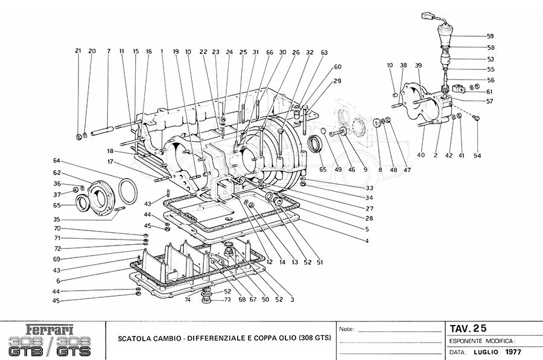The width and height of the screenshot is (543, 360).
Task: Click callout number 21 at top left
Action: pyautogui.click(x=78, y=51)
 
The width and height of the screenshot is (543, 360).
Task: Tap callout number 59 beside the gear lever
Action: pyautogui.click(x=491, y=36)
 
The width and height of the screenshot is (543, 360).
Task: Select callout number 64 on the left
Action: pyautogui.click(x=57, y=160)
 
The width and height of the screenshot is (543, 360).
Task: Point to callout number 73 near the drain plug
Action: pyautogui.click(x=227, y=300)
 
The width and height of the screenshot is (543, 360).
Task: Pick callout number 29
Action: pyautogui.click(x=337, y=81)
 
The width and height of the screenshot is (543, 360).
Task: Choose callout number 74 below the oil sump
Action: pyautogui.click(x=188, y=300)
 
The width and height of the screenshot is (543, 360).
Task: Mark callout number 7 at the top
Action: pyautogui.click(x=109, y=51)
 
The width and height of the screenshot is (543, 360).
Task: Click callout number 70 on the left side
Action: pyautogui.click(x=57, y=229)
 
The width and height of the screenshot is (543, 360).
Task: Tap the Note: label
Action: pyautogui.click(x=348, y=330)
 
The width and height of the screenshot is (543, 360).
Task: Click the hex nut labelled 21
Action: pyautogui.click(x=79, y=134)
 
